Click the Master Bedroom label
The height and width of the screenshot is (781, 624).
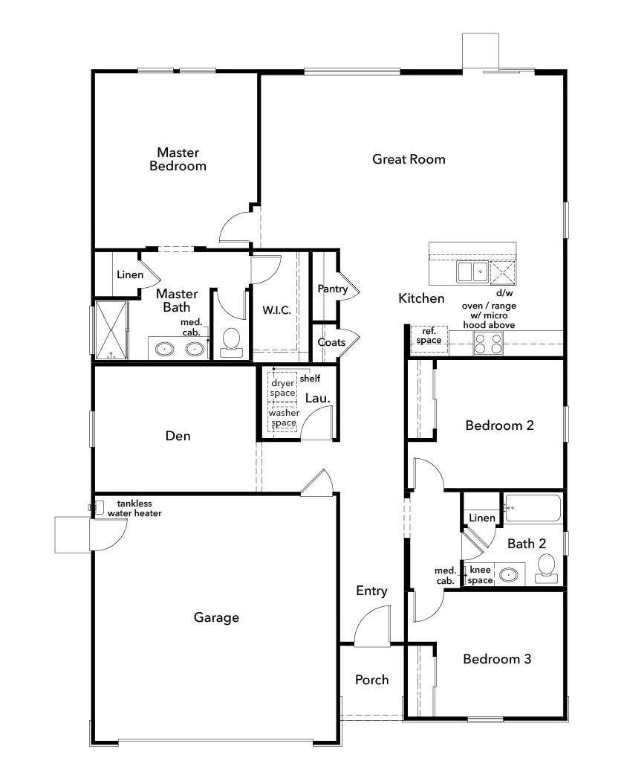pos(178,159)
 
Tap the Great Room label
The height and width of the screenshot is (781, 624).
pos(409,158)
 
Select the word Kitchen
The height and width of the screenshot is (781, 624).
pos(421,298)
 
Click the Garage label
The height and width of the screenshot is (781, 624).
pos(216,617)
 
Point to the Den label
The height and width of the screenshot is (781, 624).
pos(178,436)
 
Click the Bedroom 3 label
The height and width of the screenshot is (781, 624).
pos(496,659)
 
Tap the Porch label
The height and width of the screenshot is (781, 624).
pos(371,680)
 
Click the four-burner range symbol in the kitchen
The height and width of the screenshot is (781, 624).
pos(488,343)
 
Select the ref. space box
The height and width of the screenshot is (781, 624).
pos(429,336)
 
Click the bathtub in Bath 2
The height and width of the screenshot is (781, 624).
pos(533,510)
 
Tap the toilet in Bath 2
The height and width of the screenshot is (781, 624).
pos(547,567)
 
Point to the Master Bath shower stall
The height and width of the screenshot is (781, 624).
pos(111,330)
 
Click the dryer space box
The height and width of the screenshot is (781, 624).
pos(283,388)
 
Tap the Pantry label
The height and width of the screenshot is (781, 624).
pos(332,289)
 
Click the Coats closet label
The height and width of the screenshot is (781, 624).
pos(331,342)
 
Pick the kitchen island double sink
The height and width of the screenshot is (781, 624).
pos(472,272)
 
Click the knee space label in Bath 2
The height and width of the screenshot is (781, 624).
pos(481,575)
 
